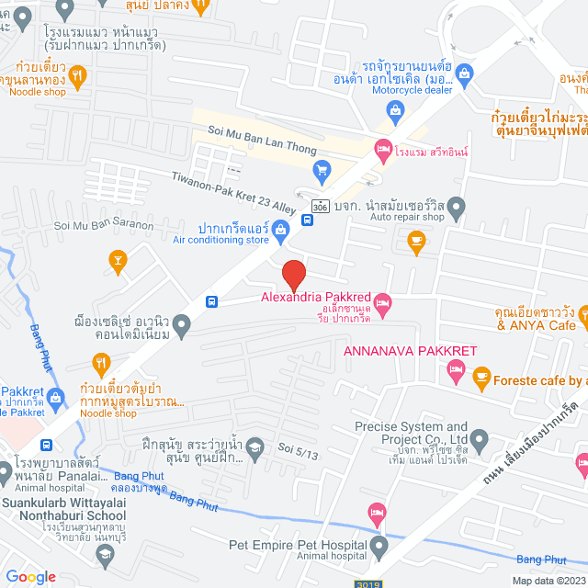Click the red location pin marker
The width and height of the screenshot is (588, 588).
point(293,275)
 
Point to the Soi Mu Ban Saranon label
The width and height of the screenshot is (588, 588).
point(104,225)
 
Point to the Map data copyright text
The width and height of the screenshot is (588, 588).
point(548,580)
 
